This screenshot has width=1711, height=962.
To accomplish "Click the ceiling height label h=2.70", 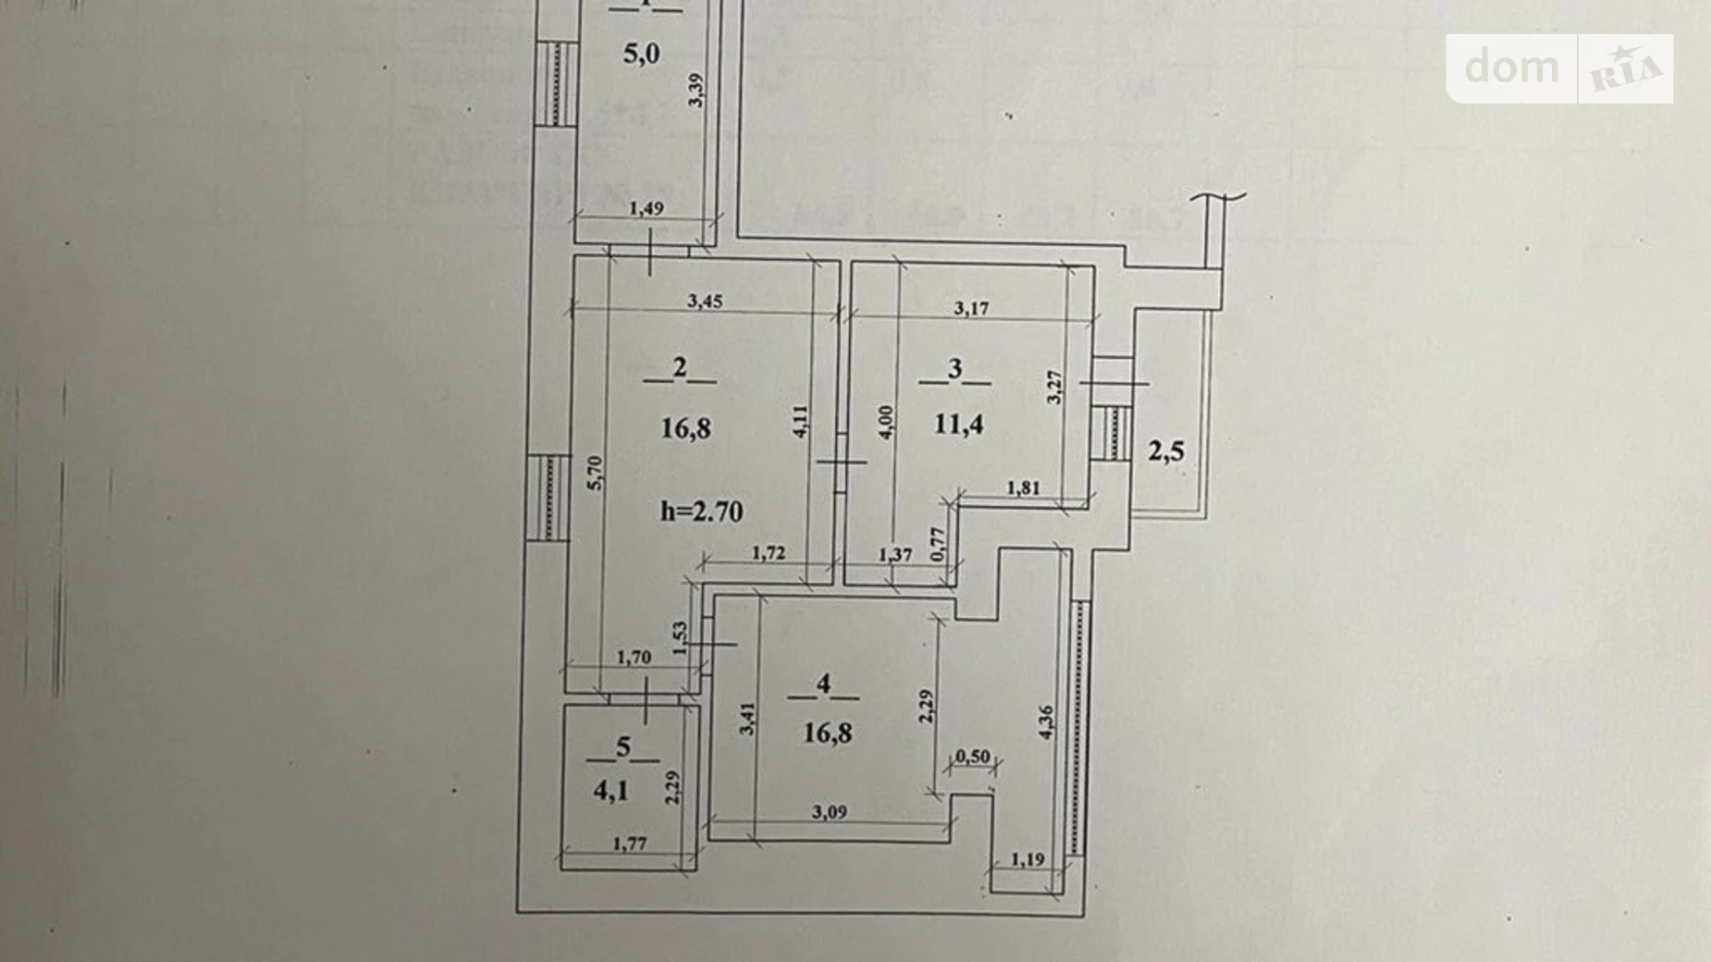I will pos(701,512).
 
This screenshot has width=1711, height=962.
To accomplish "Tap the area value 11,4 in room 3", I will pos(958,425).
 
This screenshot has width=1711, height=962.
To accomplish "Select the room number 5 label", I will pos(623,747).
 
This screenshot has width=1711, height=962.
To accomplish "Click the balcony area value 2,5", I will pos(1165,451).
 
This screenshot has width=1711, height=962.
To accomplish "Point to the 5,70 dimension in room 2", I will pos(596,474).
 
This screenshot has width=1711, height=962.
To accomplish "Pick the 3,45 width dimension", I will pos(705,302).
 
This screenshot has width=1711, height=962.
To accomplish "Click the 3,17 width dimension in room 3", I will pos(971,309).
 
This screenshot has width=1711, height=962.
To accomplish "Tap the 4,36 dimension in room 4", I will pos(1046,722).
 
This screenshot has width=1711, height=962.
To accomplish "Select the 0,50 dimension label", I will pos(972,757).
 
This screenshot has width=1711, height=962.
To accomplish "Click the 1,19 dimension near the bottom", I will pos(1027,859).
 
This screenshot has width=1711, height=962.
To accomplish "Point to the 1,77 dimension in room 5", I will pos(630,844).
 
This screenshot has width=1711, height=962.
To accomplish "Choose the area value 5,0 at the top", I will pos(641,54).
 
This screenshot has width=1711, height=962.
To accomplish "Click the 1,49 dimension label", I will pos(646,209).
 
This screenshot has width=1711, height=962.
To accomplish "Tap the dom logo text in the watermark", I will pos(1511,68).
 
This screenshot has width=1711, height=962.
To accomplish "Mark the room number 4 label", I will pos(823,684).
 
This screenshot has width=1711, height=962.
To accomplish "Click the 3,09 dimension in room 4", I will pos(829,812).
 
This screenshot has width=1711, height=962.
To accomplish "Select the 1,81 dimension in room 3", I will pos(1023,487).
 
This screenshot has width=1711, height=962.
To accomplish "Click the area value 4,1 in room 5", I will pos(610,791).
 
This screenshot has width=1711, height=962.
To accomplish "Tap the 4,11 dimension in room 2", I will pos(801,422).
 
